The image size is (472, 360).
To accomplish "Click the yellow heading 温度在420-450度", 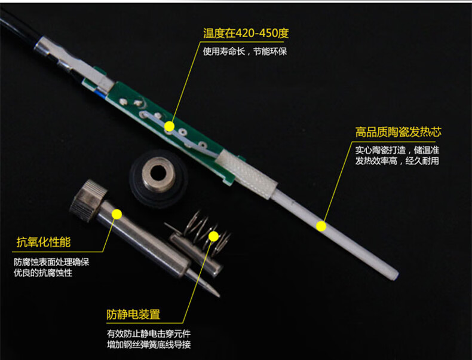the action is [x=246, y=33].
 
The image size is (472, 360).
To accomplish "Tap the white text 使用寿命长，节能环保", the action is [x=245, y=51].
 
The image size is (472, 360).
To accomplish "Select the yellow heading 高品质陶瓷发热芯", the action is [x=398, y=132].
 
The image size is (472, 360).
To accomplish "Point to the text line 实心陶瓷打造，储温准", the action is [x=397, y=150].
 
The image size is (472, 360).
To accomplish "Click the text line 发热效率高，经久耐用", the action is [x=397, y=161].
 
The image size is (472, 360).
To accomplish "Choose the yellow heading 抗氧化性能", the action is [x=44, y=242].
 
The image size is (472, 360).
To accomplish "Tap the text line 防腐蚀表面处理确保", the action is [x=51, y=262].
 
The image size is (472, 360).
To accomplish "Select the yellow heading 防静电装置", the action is [x=133, y=315].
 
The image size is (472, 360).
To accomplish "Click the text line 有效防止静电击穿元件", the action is [x=149, y=334].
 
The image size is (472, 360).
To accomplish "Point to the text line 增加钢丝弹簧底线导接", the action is [x=149, y=344].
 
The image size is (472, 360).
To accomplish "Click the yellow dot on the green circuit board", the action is [x=169, y=126].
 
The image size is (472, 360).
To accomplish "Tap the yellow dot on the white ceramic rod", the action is [x=321, y=225].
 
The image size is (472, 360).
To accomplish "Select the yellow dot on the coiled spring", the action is [x=214, y=236].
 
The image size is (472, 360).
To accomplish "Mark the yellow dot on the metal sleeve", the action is [x=117, y=214].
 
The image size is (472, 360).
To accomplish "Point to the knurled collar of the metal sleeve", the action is [x=88, y=200].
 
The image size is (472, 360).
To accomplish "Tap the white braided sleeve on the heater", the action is [x=246, y=174].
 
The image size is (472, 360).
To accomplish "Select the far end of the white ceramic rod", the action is [x=396, y=275].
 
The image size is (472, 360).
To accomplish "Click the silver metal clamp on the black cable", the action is [x=73, y=64].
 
